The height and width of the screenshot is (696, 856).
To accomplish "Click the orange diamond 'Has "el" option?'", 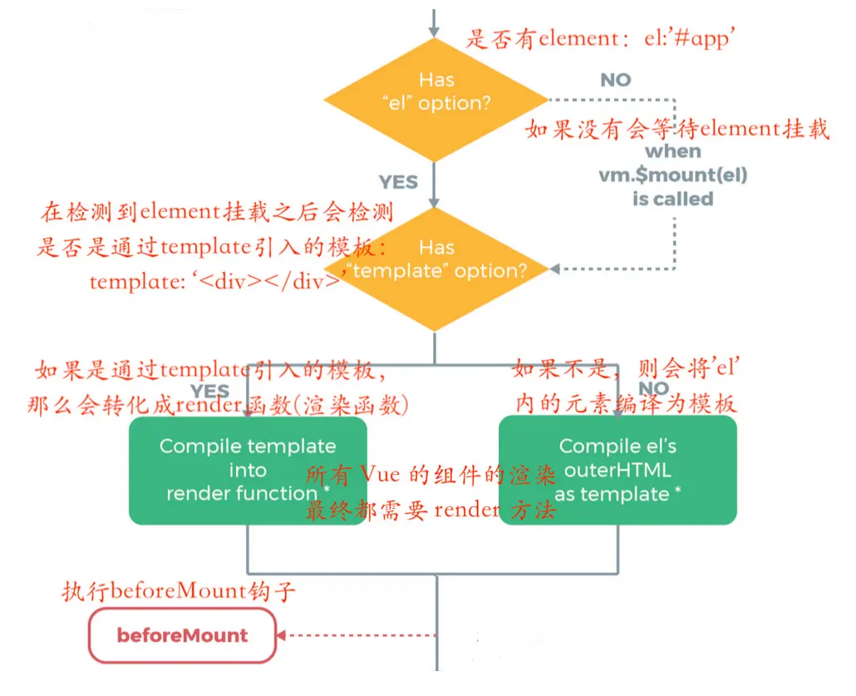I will click(x=435, y=92).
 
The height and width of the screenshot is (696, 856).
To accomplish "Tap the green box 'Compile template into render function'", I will click(x=248, y=470).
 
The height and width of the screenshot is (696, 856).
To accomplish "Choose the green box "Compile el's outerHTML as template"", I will click(x=617, y=470).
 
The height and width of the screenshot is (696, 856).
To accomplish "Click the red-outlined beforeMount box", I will click(x=182, y=636).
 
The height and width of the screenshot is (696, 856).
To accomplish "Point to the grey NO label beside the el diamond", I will click(x=616, y=80).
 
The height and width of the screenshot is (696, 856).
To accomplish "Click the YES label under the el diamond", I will click(x=398, y=181).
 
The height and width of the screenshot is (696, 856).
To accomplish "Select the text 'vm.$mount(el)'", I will click(x=673, y=175).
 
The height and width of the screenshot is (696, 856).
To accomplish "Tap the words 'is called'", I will click(x=673, y=199).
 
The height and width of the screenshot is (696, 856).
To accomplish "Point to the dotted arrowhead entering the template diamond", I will click(x=555, y=269).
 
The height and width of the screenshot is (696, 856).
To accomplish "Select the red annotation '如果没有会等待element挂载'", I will click(x=677, y=130).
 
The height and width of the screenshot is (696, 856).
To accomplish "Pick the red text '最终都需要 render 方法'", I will click(x=430, y=511).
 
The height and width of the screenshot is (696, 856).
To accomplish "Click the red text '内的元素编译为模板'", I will click(x=625, y=403).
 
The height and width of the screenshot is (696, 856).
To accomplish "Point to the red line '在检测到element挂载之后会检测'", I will click(x=216, y=213).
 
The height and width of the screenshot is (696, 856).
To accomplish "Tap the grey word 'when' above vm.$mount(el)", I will click(x=673, y=151).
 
